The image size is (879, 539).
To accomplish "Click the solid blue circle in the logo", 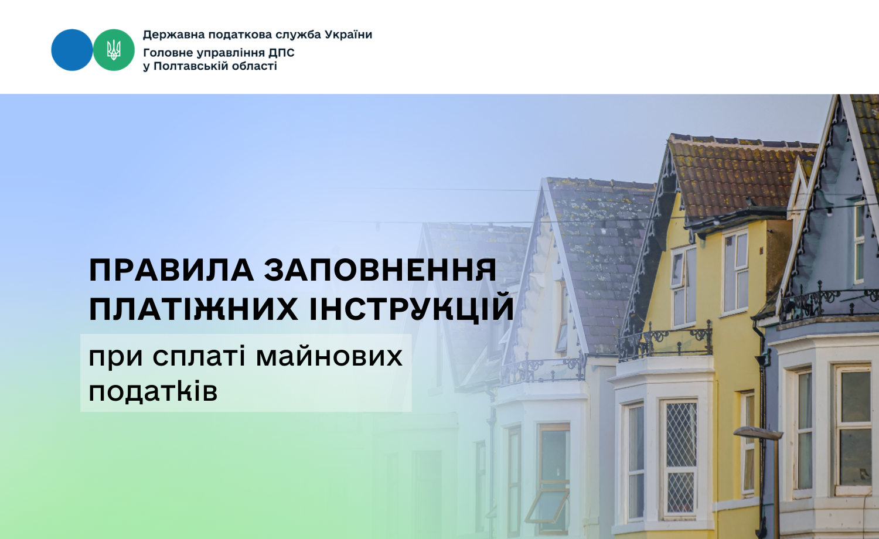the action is tap(72, 50).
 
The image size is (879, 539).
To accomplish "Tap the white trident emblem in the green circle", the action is tap(114, 50).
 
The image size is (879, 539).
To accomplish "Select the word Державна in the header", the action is tap(173, 35).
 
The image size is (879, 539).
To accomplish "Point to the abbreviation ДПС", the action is tap(281, 53).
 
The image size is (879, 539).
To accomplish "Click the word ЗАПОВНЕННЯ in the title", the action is tap(380, 270).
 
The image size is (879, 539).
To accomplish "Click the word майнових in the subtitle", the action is tap(329, 357).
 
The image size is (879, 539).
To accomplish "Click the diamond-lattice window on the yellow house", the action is tap(681, 458).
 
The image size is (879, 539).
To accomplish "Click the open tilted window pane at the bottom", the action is tap(547, 506).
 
